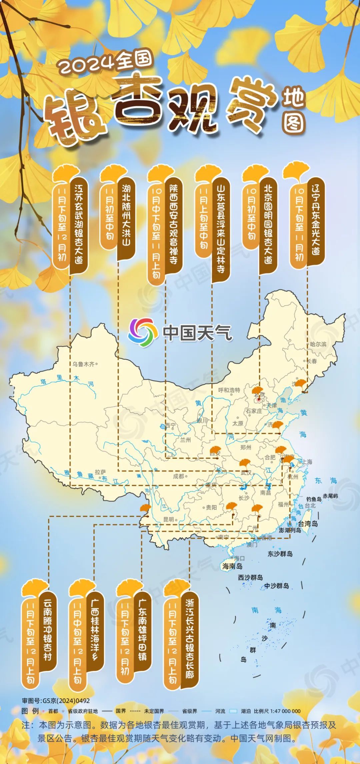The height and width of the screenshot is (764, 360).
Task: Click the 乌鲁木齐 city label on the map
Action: pyautogui.click(x=83, y=364)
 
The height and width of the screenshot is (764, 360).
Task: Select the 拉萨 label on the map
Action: pyautogui.click(x=100, y=472)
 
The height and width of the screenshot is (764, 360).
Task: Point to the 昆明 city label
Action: pyautogui.click(x=168, y=519)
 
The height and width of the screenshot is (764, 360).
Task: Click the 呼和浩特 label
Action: pyautogui.click(x=229, y=390)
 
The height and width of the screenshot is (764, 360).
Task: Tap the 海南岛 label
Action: pyautogui.click(x=232, y=566)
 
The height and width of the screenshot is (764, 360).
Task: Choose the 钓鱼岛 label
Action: pyautogui.click(x=314, y=499)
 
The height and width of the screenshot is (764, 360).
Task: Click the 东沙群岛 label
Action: pyautogui.click(x=280, y=554)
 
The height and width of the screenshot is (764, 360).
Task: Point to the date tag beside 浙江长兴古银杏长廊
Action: pyautogui.click(x=172, y=643)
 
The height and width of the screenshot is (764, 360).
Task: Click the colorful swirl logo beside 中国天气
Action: pyautogui.click(x=143, y=332)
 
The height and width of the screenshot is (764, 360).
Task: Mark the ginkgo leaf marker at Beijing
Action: pyautogui.click(x=258, y=391)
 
